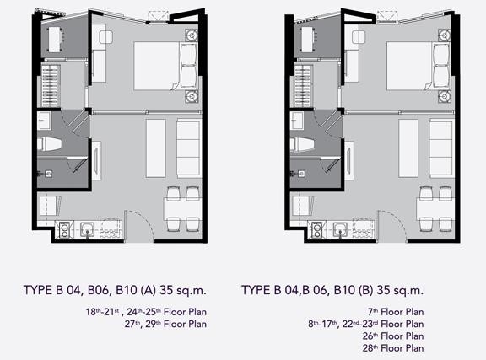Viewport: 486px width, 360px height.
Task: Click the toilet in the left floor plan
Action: [x=49, y=144]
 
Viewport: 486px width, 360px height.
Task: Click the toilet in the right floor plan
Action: [x=302, y=144]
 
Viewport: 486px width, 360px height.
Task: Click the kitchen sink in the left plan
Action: [x=87, y=230]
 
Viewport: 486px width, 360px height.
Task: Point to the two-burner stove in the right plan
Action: [x=316, y=230]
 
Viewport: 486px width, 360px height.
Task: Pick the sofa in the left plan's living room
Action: [x=188, y=148]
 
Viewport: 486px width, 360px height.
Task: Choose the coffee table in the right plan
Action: [x=408, y=148]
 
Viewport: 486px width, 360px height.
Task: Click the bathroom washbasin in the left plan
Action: [x=44, y=121]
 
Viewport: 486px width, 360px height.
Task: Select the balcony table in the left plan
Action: [x=54, y=40]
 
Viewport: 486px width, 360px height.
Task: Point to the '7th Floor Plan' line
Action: [x=396, y=312]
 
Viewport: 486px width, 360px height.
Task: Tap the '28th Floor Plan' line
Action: [x=393, y=348]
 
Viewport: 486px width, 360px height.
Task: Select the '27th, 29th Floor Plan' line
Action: [x=165, y=324]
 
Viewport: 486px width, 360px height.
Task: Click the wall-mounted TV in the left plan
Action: [x=96, y=160]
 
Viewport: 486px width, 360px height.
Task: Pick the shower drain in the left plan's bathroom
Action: [x=48, y=174]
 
